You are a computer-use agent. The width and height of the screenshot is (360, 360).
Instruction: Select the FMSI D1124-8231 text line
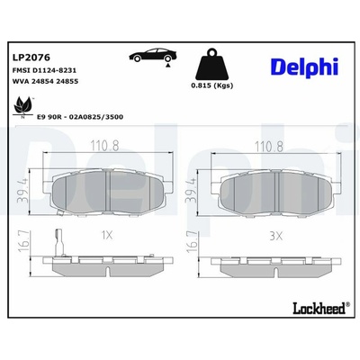(x=44, y=70)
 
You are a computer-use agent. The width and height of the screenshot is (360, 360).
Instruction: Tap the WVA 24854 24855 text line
(x=45, y=81)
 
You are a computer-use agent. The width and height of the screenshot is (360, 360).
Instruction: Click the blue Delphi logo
(x=304, y=67)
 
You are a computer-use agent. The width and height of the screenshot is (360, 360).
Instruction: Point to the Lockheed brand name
(x=319, y=308)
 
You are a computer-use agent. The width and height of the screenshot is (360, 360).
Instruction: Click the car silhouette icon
(x=153, y=55)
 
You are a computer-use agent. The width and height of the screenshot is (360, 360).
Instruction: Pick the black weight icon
(x=212, y=64)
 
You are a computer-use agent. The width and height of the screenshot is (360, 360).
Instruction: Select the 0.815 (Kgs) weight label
(x=212, y=85)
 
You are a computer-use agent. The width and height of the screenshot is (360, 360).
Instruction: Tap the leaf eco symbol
(x=22, y=106)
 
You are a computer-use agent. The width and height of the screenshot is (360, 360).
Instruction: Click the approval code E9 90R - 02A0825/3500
(x=80, y=117)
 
